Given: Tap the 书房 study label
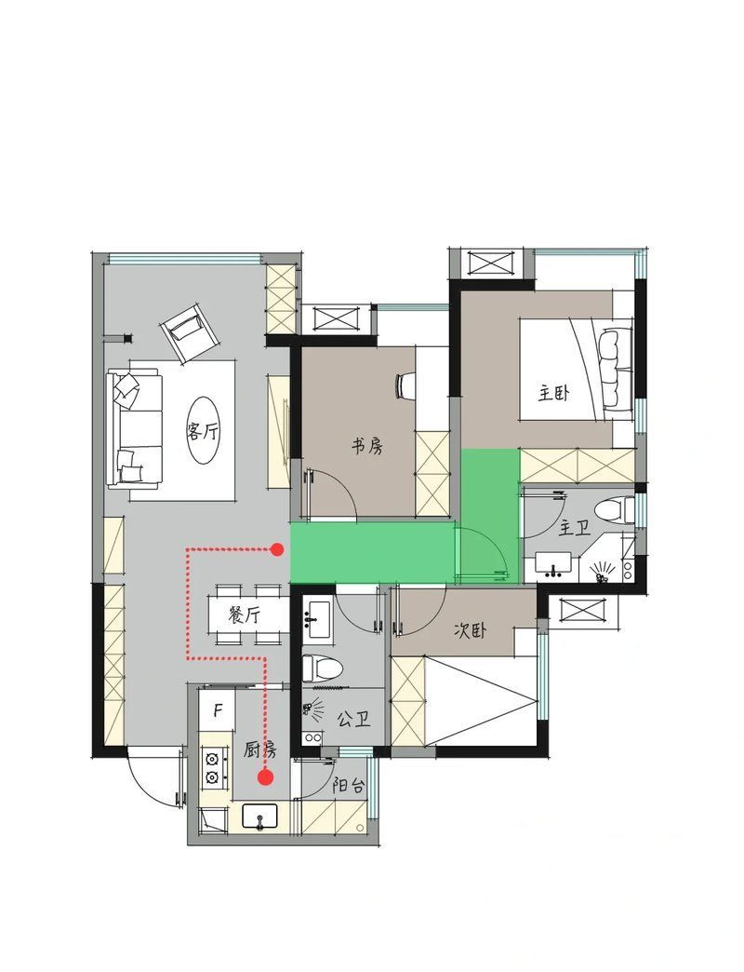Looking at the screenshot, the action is coord(367,445).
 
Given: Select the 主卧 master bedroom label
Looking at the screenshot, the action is coord(554,394).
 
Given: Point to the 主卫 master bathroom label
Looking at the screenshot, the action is coord(574,529).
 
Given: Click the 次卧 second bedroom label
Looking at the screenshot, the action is coord(470,630).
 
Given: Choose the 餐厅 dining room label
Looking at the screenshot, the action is coord(244,614).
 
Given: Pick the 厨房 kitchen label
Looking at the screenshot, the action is coord(260,750).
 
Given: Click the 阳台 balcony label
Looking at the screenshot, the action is coord(349,786).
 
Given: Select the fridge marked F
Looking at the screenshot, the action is coord(218,710).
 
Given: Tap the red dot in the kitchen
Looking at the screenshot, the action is coord(266,776).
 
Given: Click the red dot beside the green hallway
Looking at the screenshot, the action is coord(278,549).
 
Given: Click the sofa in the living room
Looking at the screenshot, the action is coord(134,427).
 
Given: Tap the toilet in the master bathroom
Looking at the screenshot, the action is coord(609,512).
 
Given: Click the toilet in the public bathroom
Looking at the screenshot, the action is coord(322,668).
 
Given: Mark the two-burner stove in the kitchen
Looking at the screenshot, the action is coord(211,768).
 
